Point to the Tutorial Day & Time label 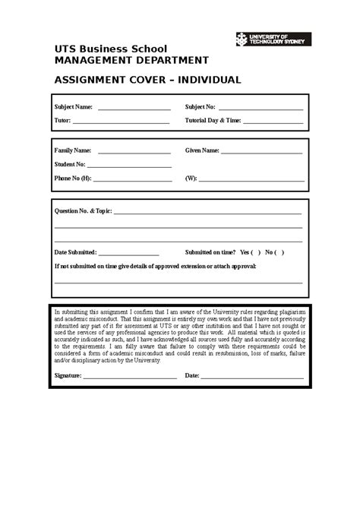pos(213,120)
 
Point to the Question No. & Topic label pos(83,210)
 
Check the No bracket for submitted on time pos(280,252)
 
